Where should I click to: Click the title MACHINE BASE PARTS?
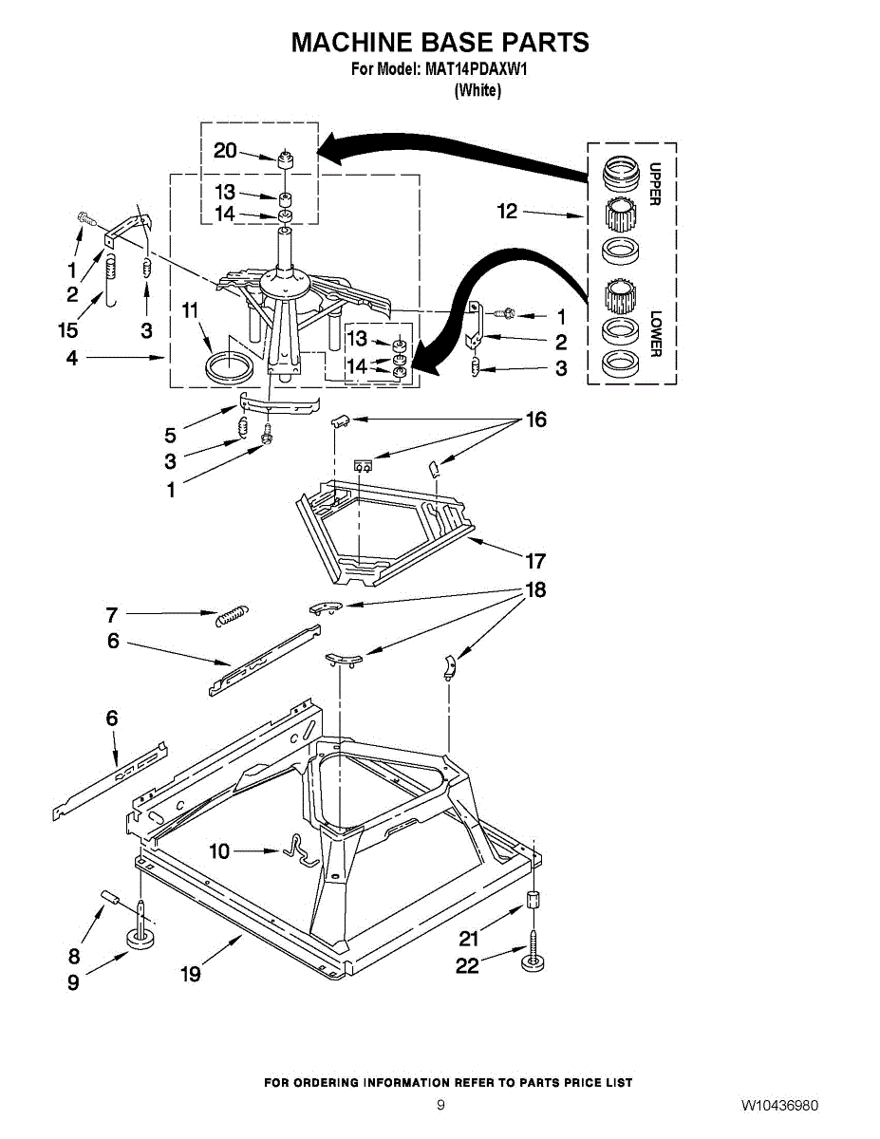point(440,43)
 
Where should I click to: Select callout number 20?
point(225,150)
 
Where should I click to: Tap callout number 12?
point(508,211)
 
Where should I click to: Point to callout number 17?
point(535,560)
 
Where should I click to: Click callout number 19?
point(191,974)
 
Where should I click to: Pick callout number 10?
point(219,851)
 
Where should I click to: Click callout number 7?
point(111,614)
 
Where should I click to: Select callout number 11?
point(191,310)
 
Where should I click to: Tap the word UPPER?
point(654,182)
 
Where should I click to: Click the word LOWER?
point(654,334)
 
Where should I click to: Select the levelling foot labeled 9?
point(141,939)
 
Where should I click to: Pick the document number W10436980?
point(780,1106)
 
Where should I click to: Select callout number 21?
point(469,939)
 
